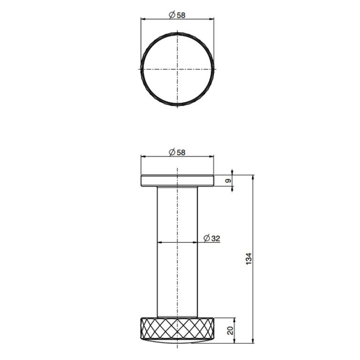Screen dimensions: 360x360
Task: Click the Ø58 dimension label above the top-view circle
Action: pyautogui.click(x=177, y=15)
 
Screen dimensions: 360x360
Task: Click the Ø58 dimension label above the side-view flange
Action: pyautogui.click(x=177, y=152)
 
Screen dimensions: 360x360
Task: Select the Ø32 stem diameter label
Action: pyautogui.click(x=212, y=238)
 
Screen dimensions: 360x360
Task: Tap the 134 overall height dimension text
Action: pyautogui.click(x=249, y=259)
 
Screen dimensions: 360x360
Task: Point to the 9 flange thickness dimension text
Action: pyautogui.click(x=228, y=181)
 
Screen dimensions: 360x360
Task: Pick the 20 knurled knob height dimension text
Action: pyautogui.click(x=230, y=330)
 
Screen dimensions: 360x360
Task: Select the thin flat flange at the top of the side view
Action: pyautogui.click(x=177, y=181)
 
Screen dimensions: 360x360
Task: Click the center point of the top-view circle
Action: pyautogui.click(x=177, y=69)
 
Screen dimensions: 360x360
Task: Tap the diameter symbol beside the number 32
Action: pyautogui.click(x=207, y=238)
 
